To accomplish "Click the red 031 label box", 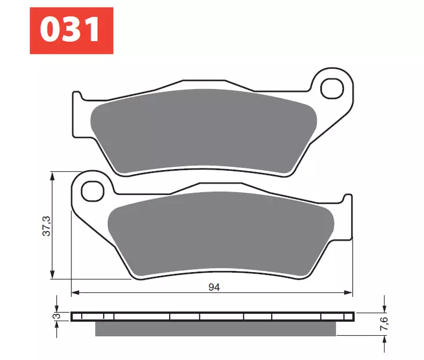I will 71,31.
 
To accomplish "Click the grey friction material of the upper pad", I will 203,130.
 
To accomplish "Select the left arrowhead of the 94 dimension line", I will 75,293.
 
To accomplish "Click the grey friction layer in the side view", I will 214,328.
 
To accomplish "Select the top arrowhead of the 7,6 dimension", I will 384,308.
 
